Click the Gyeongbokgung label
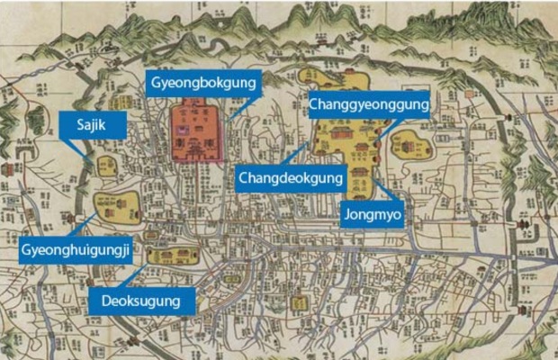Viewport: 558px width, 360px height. (x=203, y=83)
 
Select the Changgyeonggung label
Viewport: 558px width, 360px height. (x=368, y=104)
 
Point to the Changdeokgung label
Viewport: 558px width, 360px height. (x=291, y=178)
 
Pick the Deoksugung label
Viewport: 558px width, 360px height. (x=147, y=301)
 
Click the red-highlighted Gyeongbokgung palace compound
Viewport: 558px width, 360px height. (x=196, y=132)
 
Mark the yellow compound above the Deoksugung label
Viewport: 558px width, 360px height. (x=167, y=256)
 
